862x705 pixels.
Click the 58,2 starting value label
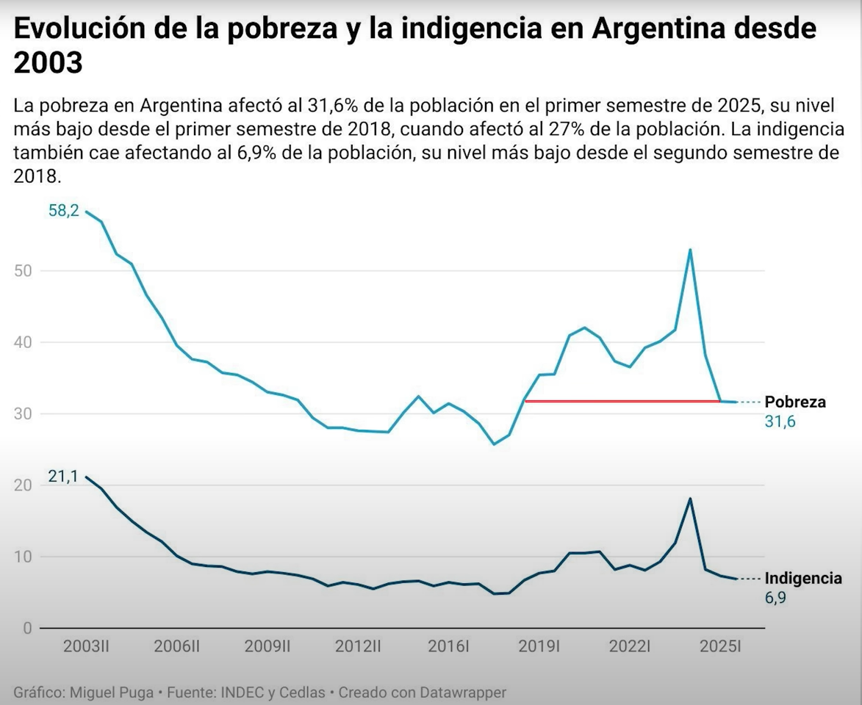click(63, 211)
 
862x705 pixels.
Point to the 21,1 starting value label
click(63, 476)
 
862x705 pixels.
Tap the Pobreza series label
click(795, 402)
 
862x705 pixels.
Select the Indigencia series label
click(803, 578)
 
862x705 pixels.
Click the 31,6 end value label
click(780, 422)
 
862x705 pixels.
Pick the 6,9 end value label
click(775, 598)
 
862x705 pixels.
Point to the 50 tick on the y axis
click(24, 270)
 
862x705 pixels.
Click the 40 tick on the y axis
click(24, 341)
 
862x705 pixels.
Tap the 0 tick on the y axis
click(28, 628)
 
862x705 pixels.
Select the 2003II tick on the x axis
click(87, 646)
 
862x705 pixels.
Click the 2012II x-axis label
click(358, 646)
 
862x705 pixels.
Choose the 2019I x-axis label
click(539, 646)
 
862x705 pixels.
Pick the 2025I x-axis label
click(720, 646)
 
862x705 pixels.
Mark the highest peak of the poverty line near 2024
click(690, 250)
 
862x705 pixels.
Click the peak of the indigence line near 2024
click(690, 499)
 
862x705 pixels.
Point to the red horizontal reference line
click(622, 401)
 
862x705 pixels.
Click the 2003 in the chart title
click(48, 63)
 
